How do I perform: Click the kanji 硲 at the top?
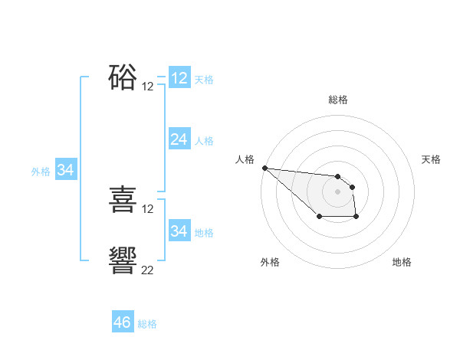[x=123, y=78]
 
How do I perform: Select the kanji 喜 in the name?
[x=123, y=201]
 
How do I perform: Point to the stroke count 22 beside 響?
[x=147, y=270]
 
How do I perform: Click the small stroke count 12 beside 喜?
[x=148, y=209]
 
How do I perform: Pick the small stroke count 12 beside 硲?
[x=148, y=87]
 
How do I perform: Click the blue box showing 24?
[x=179, y=139]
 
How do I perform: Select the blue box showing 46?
[x=123, y=322]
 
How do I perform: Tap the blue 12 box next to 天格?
[x=179, y=78]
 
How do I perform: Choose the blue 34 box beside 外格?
[x=66, y=170]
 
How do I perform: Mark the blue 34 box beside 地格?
[x=179, y=231]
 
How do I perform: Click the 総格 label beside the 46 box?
[x=147, y=324]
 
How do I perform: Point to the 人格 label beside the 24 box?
[x=204, y=141]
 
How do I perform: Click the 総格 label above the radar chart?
[x=337, y=100]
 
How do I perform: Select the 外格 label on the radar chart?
[x=269, y=262]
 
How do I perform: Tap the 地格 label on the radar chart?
[x=402, y=262]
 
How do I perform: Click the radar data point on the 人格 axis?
[x=264, y=168]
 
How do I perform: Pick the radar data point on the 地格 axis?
[x=356, y=218]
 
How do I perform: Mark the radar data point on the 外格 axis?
[x=319, y=218]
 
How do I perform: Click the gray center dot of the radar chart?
[x=337, y=191]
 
